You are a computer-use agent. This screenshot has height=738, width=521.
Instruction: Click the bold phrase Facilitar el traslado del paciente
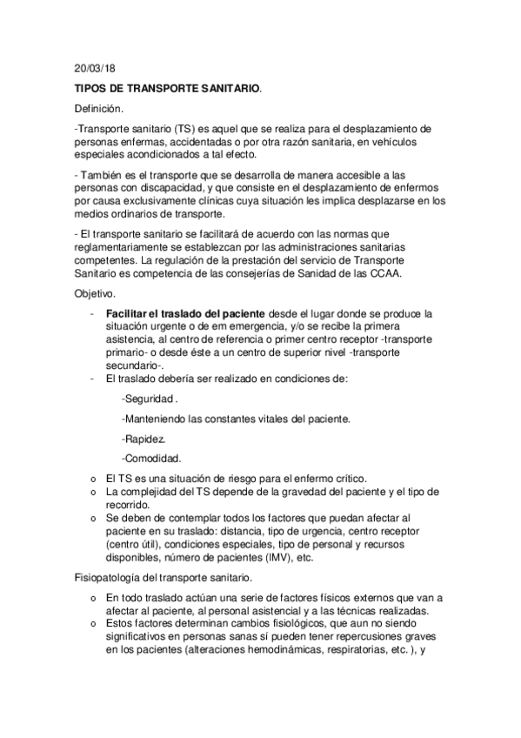point(172,312)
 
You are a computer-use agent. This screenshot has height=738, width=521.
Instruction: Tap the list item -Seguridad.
point(149,399)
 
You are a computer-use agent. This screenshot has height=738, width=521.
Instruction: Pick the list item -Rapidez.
point(144,438)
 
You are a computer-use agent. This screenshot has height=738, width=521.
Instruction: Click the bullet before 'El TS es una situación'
point(93,480)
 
